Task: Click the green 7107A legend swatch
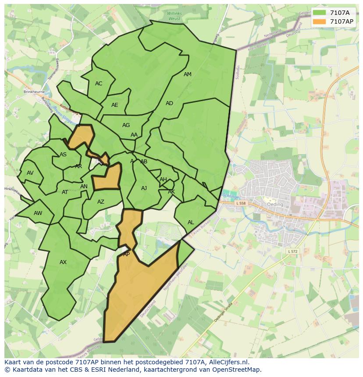click(319, 12)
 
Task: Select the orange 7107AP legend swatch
click(319, 21)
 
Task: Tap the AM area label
click(188, 74)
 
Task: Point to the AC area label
click(99, 84)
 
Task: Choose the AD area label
click(169, 103)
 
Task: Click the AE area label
click(115, 105)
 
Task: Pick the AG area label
click(126, 125)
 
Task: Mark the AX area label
click(63, 262)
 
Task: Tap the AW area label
click(38, 213)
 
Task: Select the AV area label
click(30, 173)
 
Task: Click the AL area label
click(191, 222)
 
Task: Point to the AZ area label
click(101, 202)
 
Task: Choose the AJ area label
click(144, 188)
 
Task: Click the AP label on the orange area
click(126, 254)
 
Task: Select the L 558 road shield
click(241, 203)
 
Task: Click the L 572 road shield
click(293, 251)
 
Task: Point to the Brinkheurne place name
click(35, 92)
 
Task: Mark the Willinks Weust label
click(174, 16)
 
